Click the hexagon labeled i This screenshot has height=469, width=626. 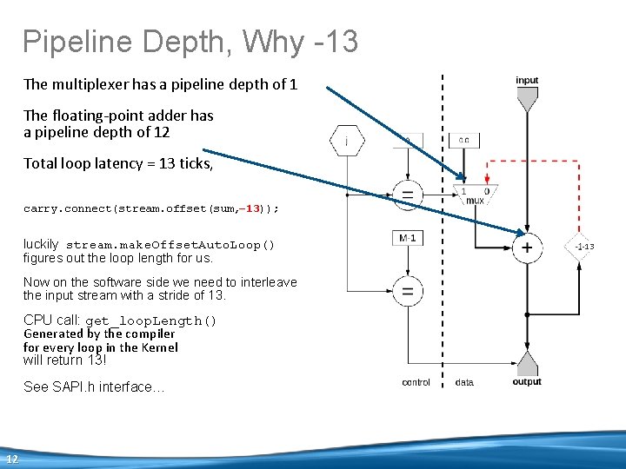(348, 141)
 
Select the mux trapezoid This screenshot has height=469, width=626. (475, 195)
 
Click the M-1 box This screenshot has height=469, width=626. (405, 238)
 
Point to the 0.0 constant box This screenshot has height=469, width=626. (464, 140)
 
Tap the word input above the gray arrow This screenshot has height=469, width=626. (527, 81)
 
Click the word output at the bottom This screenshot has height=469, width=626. (527, 382)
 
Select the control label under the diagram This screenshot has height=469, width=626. (416, 383)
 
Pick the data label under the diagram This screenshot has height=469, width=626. (464, 383)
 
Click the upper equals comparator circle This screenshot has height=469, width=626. (406, 195)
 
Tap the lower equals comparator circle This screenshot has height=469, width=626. (406, 290)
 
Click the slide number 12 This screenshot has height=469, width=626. (12, 459)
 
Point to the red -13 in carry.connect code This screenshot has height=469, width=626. (252, 209)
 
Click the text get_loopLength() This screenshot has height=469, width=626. (151, 321)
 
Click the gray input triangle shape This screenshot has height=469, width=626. (527, 100)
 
